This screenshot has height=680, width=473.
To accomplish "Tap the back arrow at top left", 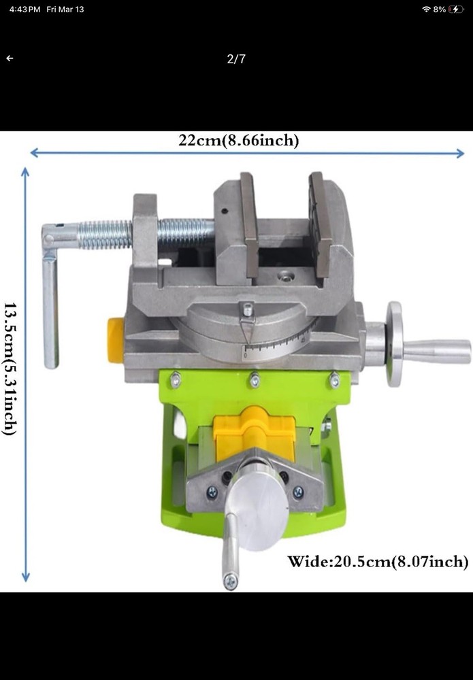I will coord(10,58).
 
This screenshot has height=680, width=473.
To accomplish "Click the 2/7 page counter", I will coord(236,59).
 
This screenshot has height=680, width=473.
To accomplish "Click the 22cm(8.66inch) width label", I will coord(238,141).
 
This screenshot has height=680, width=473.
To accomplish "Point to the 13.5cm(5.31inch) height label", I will coord(10,369).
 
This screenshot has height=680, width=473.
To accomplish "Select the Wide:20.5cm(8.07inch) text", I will coord(378,562).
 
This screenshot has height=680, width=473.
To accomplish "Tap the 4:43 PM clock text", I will coord(25,10).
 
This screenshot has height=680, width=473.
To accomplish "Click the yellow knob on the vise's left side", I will coord(116,339).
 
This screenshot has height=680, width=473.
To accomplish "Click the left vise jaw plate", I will coord(248,224).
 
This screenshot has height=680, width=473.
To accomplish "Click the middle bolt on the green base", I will coord(255,381).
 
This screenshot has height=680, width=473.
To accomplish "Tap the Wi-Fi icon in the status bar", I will coord(427,10).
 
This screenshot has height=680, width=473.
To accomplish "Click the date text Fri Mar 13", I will coord(65,10).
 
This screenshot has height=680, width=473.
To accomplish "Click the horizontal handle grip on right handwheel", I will coord(436,351).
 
